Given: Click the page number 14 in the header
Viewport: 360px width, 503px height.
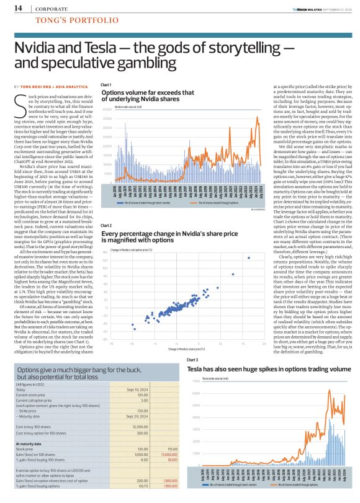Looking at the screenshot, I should point(18,8).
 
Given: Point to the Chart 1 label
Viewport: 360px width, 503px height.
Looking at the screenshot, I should point(106,84).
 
